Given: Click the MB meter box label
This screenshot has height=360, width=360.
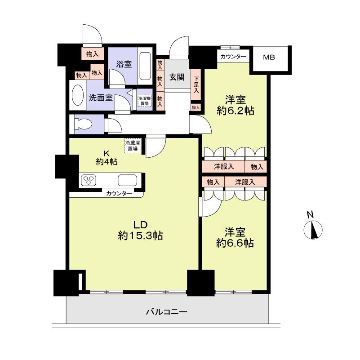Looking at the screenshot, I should coord(269,58).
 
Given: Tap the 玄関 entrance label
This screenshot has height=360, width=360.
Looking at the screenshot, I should coord(177,77).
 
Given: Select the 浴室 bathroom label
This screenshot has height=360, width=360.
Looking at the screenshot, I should coord(124,64).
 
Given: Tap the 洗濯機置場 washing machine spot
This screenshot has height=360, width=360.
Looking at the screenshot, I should coord(144,101).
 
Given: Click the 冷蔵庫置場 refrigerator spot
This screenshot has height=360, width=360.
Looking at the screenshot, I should coord(132,146).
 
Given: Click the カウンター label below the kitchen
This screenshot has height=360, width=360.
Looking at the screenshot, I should coord(119,193).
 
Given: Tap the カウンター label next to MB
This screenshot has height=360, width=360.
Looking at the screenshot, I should coord(233,57).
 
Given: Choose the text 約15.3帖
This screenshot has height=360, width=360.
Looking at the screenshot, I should coord(140,235).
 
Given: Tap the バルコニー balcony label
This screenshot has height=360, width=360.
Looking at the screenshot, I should coord(166,311).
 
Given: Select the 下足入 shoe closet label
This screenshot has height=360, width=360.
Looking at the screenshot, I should coord(196,85).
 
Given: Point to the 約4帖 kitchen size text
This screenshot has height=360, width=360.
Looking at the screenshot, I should coord(107,162).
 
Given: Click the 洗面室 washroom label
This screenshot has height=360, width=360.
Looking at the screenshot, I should coord(100,98).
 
